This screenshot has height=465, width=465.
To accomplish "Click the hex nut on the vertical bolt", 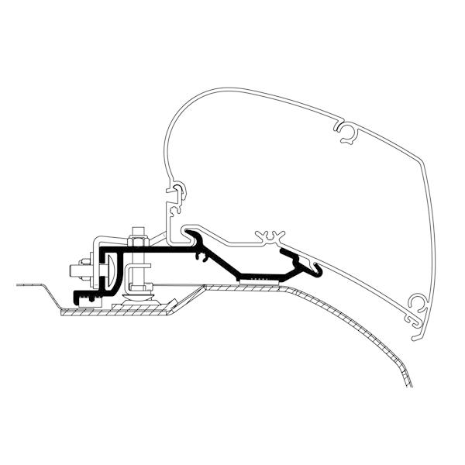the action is click(x=137, y=242).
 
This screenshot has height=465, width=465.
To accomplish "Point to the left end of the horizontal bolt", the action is click(x=73, y=270).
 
